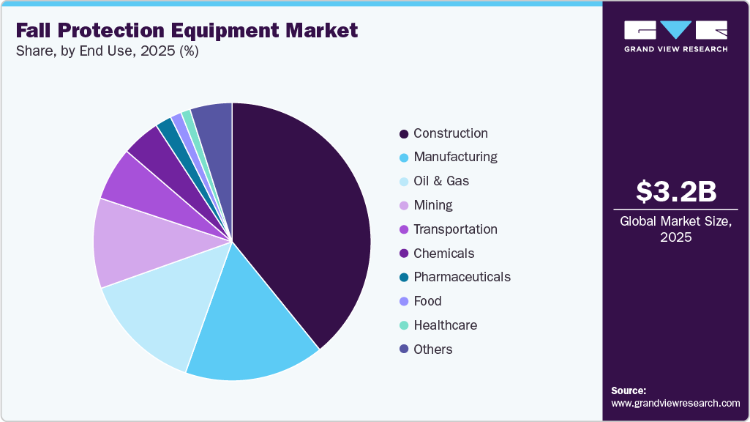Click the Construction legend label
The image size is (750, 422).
(x=450, y=133)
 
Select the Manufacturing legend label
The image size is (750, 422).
(x=455, y=157)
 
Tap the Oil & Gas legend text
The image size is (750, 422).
(x=441, y=181)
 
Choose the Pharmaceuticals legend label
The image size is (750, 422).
(x=462, y=277)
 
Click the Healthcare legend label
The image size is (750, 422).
(x=445, y=325)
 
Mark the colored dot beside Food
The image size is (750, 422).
(x=404, y=301)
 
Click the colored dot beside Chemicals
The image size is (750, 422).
(x=404, y=253)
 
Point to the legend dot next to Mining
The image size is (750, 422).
(x=404, y=205)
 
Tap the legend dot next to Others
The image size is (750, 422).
(x=404, y=349)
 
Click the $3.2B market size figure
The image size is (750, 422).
(x=675, y=191)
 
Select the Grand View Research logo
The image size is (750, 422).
(x=675, y=36)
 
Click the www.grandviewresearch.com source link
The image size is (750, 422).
(x=675, y=403)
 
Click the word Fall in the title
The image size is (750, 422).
(x=35, y=31)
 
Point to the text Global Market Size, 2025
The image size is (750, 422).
(x=675, y=229)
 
